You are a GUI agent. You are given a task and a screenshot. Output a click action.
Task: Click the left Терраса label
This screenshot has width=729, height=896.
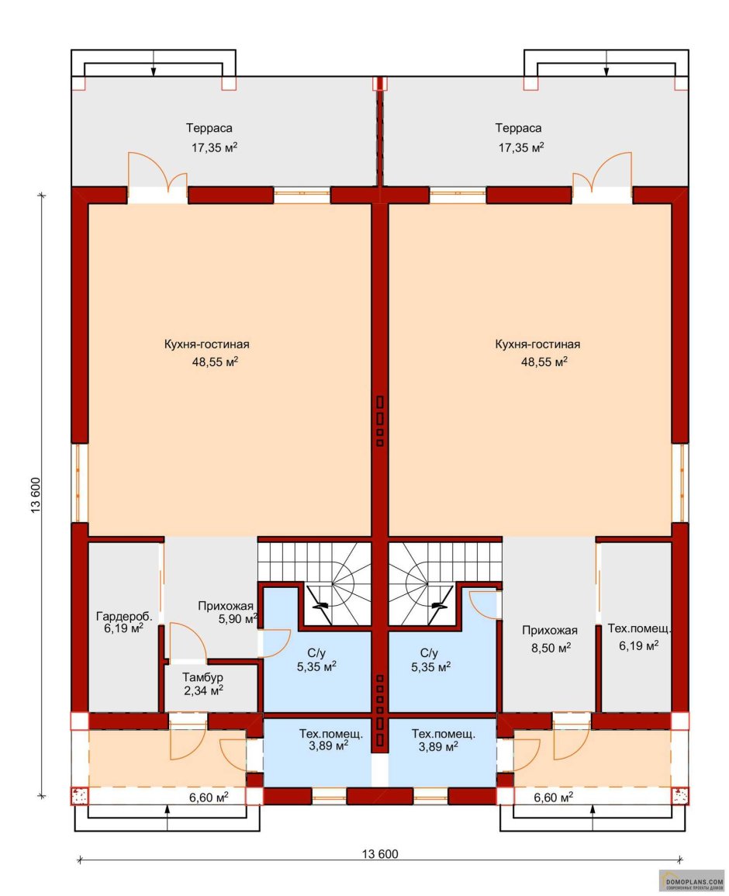209,129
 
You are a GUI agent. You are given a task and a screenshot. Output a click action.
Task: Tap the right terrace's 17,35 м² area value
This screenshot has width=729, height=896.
521,147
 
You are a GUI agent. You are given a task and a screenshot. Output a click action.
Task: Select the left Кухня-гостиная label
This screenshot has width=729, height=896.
207,344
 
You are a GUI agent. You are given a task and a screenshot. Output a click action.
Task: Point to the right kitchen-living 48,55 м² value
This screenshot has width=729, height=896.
544,362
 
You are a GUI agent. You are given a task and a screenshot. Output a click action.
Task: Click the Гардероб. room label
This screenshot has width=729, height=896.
124,617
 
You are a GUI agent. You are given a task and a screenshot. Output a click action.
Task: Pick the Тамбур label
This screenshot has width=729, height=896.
203,677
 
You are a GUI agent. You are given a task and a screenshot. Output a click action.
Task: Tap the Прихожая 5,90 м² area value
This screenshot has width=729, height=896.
238,619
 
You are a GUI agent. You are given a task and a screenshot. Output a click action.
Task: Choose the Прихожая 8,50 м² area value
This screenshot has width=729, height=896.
551,648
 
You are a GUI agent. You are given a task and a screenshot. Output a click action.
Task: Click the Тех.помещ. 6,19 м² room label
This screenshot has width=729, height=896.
639,628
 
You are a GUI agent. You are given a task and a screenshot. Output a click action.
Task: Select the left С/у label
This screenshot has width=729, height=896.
316,653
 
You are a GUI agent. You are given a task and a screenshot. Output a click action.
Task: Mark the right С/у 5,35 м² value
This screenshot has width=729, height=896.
430,667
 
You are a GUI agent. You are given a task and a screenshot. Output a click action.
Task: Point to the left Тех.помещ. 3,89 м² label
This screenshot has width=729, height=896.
331,734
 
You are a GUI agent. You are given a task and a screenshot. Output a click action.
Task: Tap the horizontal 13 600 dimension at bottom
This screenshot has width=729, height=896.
380,854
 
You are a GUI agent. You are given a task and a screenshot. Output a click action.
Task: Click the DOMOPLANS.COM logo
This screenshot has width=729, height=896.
691,880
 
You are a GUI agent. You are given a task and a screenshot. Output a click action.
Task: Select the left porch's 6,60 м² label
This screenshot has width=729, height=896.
209,797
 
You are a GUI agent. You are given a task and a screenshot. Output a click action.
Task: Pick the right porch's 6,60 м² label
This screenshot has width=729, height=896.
554,797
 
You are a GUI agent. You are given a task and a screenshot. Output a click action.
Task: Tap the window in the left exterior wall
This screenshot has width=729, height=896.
79,483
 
